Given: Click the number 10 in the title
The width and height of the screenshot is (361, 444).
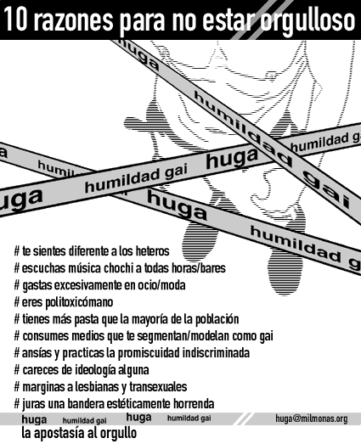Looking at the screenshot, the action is point(15,20).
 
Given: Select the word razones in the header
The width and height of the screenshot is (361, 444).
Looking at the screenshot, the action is point(75,20).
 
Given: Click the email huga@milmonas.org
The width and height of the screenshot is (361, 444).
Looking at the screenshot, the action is point(312,419).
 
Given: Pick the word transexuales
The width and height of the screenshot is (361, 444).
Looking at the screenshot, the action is point(158,387).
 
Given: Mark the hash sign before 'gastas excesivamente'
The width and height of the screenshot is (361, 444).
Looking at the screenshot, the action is point(17,285).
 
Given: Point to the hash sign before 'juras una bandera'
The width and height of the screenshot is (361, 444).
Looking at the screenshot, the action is point(17,404).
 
